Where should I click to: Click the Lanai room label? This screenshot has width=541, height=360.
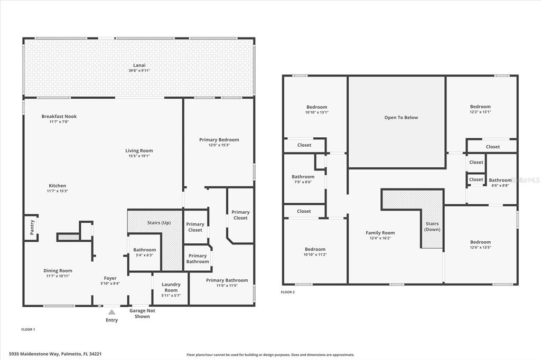(139, 65)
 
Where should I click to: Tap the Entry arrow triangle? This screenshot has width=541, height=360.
(111, 312)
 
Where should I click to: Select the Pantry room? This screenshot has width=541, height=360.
(31, 228)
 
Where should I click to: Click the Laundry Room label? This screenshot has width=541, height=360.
(171, 287)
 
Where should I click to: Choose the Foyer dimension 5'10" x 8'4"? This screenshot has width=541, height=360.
(110, 283)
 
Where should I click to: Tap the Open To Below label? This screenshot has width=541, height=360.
(401, 118)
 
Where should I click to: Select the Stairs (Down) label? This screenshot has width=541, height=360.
(432, 226)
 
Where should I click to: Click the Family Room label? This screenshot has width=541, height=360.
(380, 233)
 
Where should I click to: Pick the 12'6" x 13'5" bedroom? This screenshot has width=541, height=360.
(480, 244)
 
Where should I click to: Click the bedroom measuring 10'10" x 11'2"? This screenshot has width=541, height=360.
(315, 252)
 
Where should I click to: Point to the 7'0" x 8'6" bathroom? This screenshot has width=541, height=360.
(303, 179)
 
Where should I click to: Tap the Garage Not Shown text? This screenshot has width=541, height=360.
(142, 314)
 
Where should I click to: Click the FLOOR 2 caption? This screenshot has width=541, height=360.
(287, 292)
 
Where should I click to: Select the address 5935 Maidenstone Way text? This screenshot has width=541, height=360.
(55, 354)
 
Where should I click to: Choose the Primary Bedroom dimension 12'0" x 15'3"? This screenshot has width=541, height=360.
(219, 145)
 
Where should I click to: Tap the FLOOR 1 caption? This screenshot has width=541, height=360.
(28, 329)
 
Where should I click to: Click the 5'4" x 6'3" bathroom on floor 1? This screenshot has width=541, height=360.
(144, 252)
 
